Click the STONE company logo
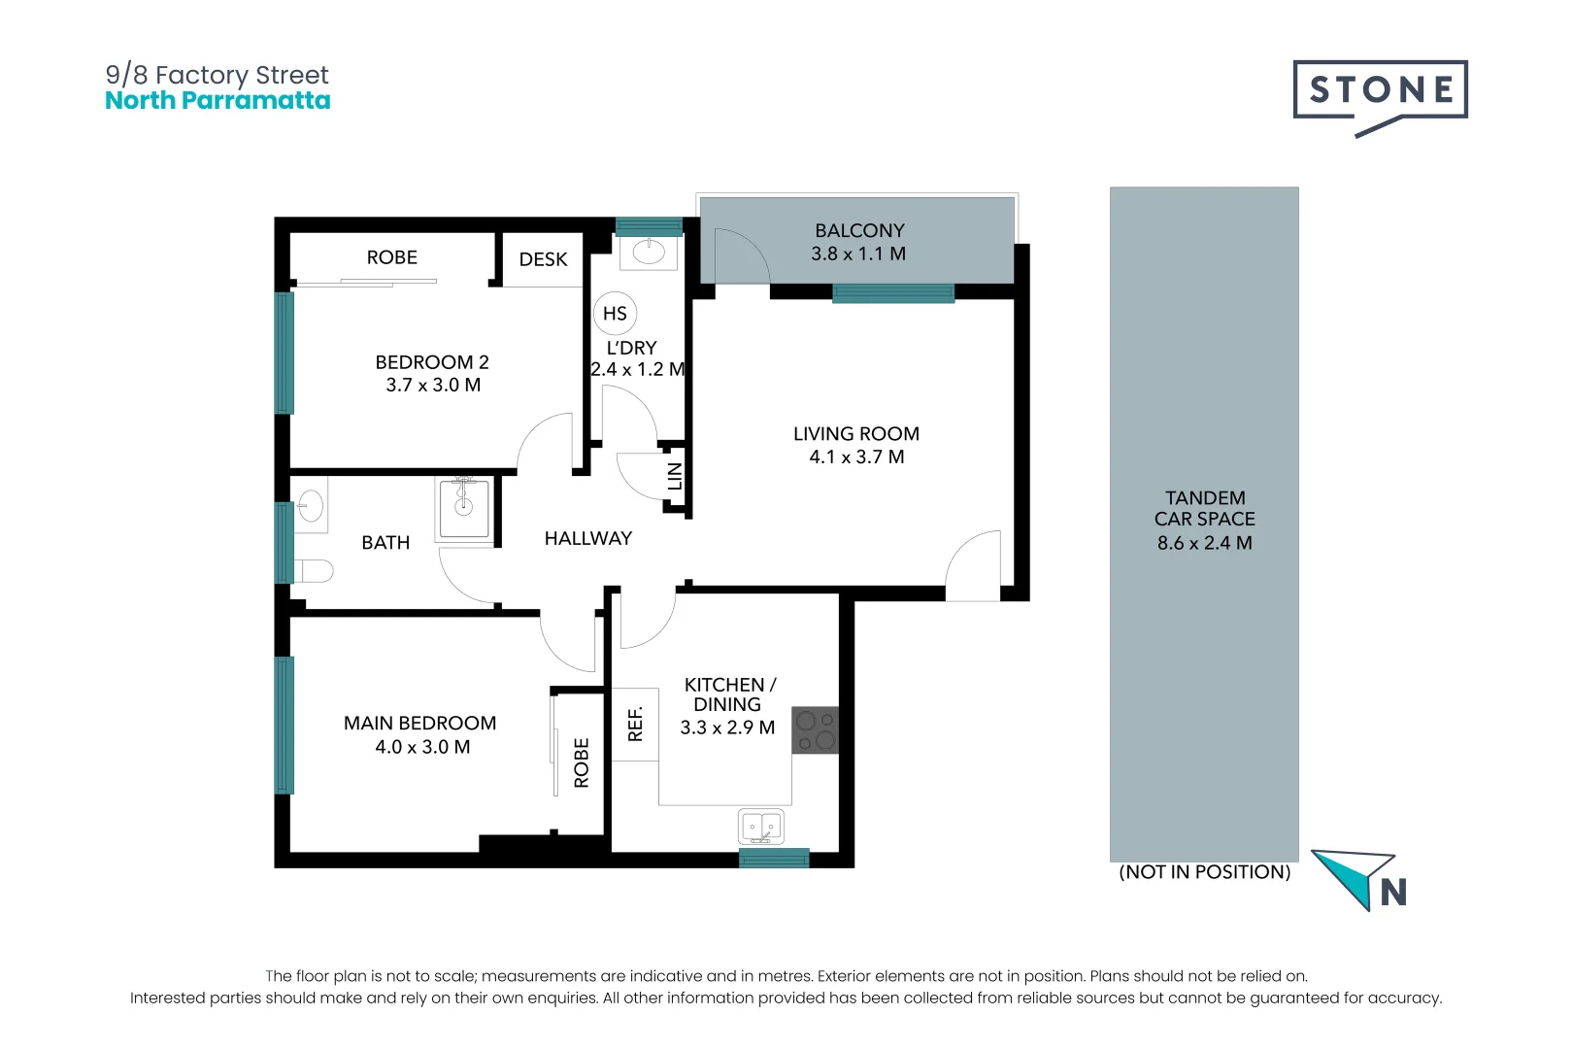pos(1380,92)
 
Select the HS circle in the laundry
pos(615,314)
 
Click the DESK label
pos(543,259)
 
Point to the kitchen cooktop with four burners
pos(815,729)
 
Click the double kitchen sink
pos(762,828)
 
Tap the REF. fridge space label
pos(635,724)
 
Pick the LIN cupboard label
pos(675,476)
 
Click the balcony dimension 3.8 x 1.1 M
pos(858,254)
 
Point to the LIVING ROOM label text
pos(855,434)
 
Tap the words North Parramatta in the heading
pos(218,101)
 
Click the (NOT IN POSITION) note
pos(1204,872)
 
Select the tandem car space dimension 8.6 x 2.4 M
pos(1204,543)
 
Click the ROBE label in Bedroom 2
pos(391,257)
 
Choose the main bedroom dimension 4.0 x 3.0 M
pos(422,747)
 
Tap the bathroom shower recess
pos(464,508)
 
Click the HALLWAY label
pos(587,538)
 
